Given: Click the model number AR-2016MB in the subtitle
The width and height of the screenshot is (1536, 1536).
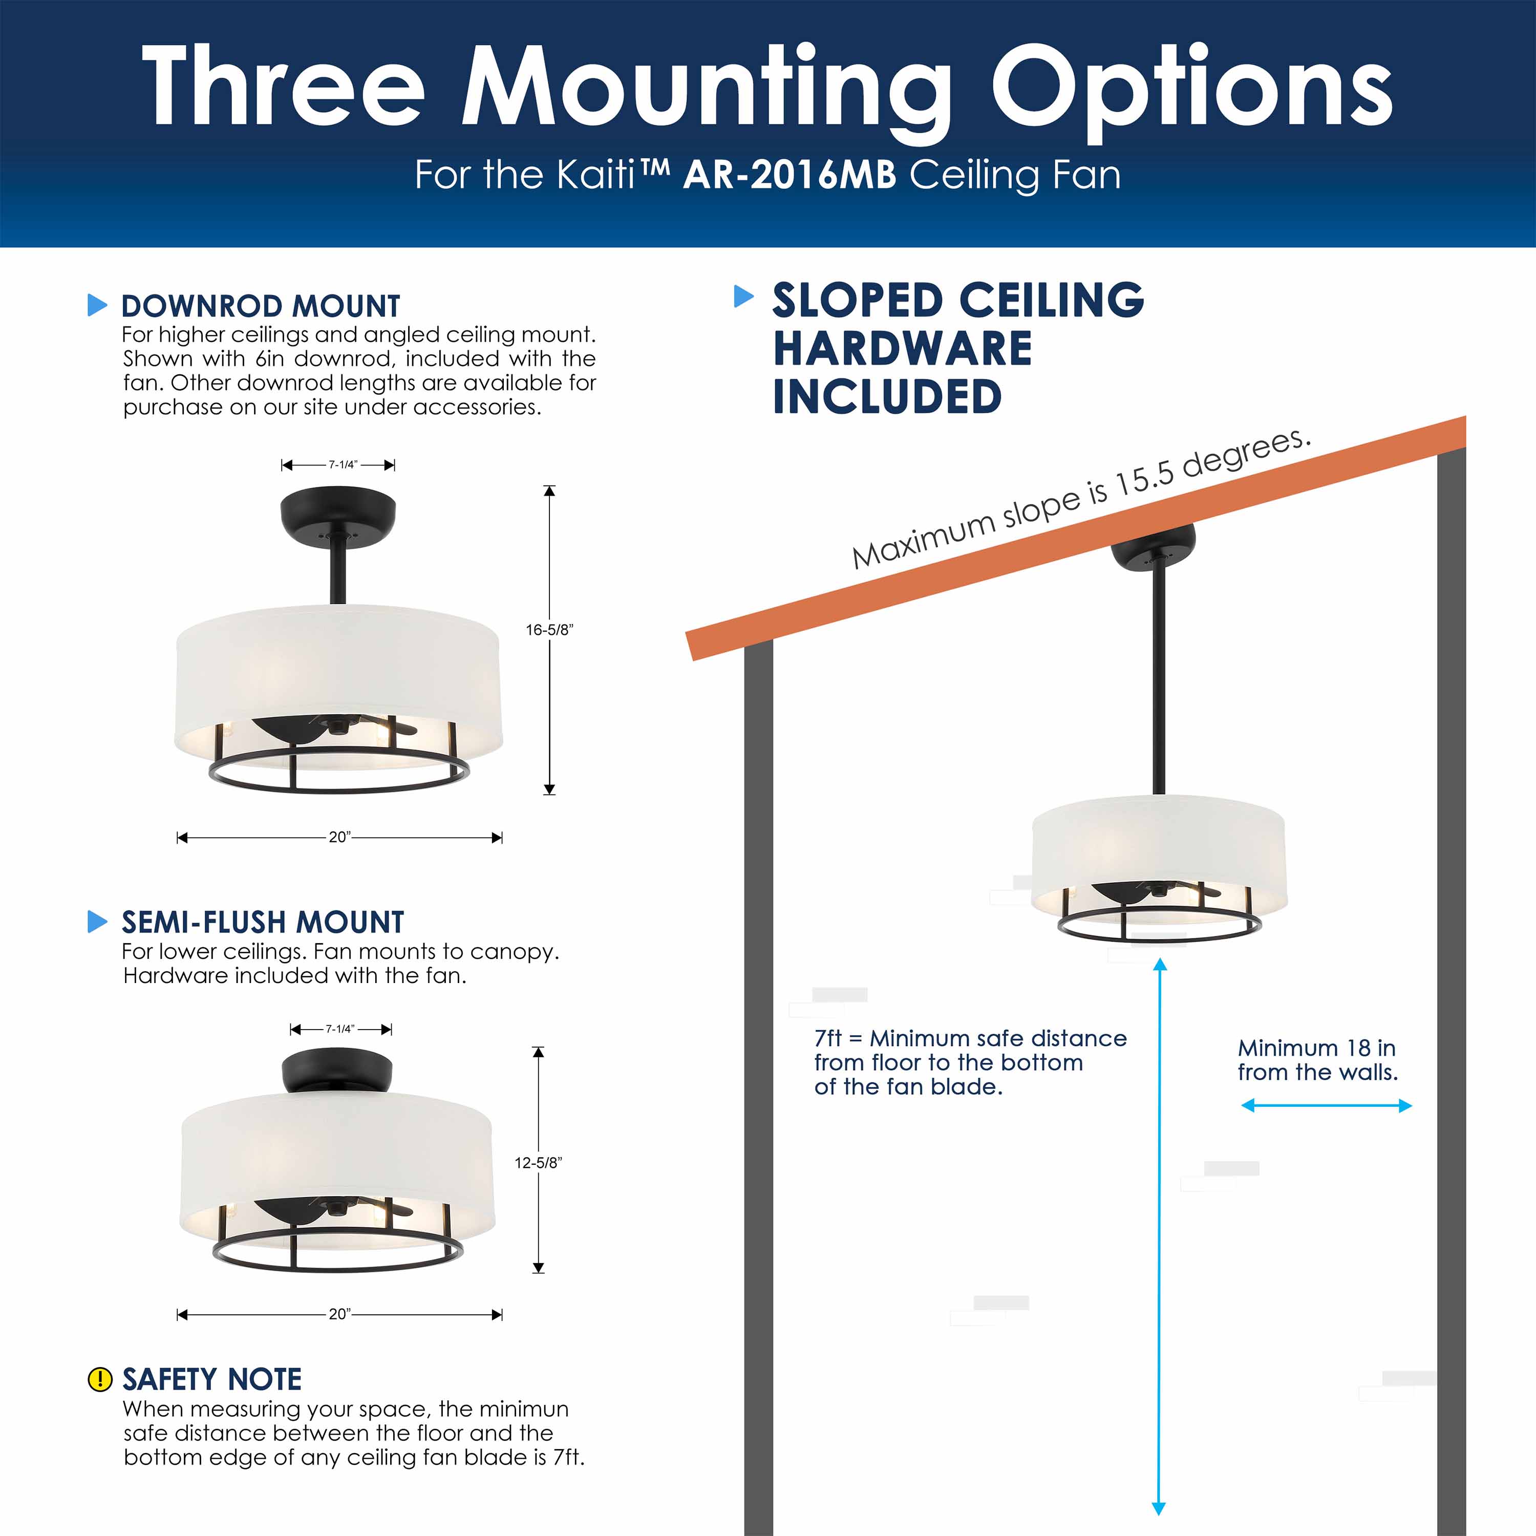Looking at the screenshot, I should click(790, 175).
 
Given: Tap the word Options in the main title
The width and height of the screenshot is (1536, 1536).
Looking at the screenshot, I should click(1190, 88).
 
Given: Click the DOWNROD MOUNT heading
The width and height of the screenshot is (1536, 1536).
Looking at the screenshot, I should click(260, 306).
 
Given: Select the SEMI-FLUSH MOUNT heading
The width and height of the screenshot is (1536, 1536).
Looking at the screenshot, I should click(262, 922).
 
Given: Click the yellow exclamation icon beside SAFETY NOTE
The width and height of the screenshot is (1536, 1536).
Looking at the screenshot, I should click(99, 1379).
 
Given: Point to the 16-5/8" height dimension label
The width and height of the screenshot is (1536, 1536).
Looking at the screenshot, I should click(548, 630).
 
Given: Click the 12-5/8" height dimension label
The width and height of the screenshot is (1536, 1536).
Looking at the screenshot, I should click(538, 1162).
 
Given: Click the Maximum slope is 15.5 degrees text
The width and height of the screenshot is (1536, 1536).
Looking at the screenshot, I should click(1081, 499).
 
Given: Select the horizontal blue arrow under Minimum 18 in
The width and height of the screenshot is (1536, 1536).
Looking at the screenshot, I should click(1326, 1105).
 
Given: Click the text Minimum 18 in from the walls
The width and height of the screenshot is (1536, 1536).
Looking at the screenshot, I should click(1317, 1060).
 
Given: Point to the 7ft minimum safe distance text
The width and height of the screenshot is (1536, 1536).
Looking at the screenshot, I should click(970, 1062).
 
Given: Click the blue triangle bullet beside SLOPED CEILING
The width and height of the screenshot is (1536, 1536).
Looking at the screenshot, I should click(743, 296).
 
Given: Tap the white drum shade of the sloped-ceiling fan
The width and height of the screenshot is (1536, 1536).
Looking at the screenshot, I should click(1158, 843).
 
